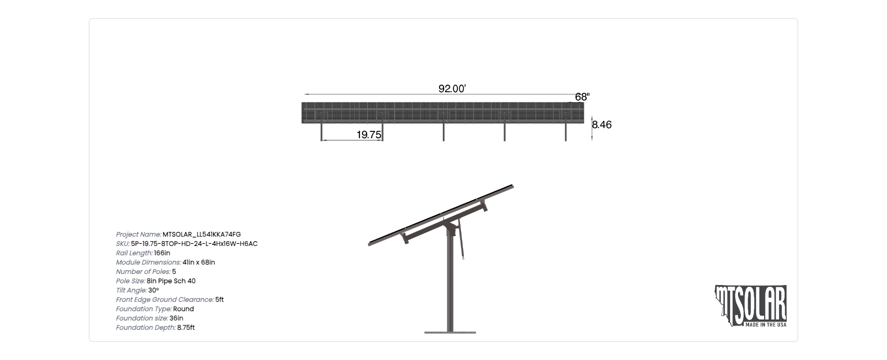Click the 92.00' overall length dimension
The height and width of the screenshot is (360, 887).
(452, 88)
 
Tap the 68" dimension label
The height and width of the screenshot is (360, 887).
(582, 97)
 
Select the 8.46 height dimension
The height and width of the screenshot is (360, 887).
(602, 124)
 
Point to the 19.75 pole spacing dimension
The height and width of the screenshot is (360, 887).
(369, 135)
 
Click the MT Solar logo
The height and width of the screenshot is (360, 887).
(751, 306)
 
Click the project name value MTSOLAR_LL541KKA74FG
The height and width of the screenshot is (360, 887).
(202, 235)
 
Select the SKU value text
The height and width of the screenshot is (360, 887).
(194, 244)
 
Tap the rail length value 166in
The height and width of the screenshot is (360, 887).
(162, 253)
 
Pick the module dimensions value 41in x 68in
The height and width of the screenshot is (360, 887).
(199, 263)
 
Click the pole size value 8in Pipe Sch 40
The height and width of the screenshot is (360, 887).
(171, 281)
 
